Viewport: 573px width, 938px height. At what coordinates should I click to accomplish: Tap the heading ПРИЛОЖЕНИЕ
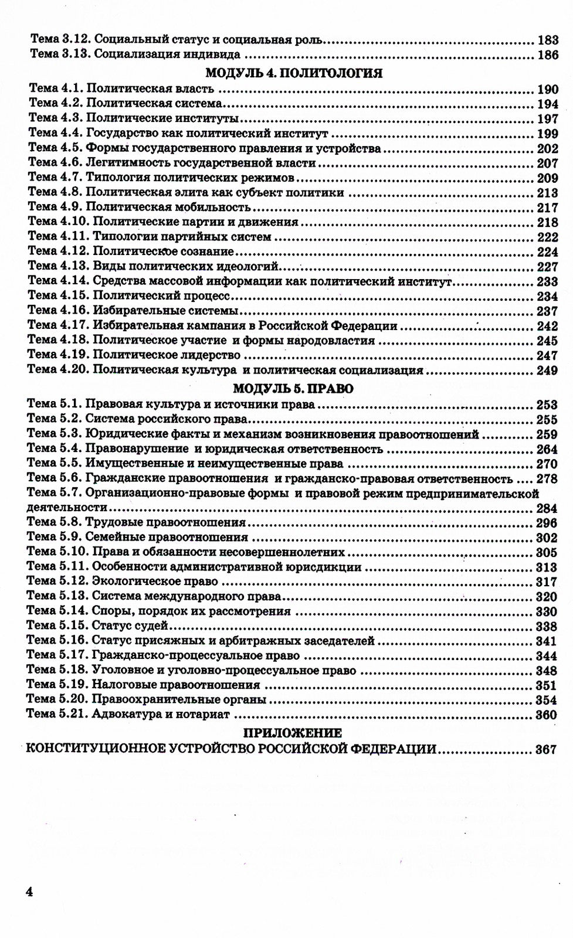(x=292, y=733)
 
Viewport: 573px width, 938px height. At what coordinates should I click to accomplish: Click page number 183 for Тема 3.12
(x=547, y=41)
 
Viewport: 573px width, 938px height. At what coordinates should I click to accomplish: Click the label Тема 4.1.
(x=54, y=89)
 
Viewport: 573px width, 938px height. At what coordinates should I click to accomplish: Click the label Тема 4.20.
(x=58, y=370)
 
